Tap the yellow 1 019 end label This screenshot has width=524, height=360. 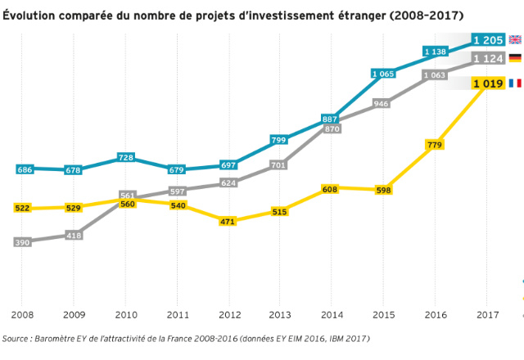[488, 83]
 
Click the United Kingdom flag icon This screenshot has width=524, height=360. [515, 39]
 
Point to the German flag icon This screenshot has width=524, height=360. [515, 58]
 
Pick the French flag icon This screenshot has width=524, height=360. [515, 83]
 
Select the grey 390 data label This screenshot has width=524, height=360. [24, 242]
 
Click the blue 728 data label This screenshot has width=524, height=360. [126, 157]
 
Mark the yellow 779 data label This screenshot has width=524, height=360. [436, 145]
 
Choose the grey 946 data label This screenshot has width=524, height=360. [382, 104]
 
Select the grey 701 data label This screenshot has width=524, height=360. [280, 165]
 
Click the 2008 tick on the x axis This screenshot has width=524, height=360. [22, 315]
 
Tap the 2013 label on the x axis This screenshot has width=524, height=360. [280, 315]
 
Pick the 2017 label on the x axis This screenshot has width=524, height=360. [487, 315]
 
